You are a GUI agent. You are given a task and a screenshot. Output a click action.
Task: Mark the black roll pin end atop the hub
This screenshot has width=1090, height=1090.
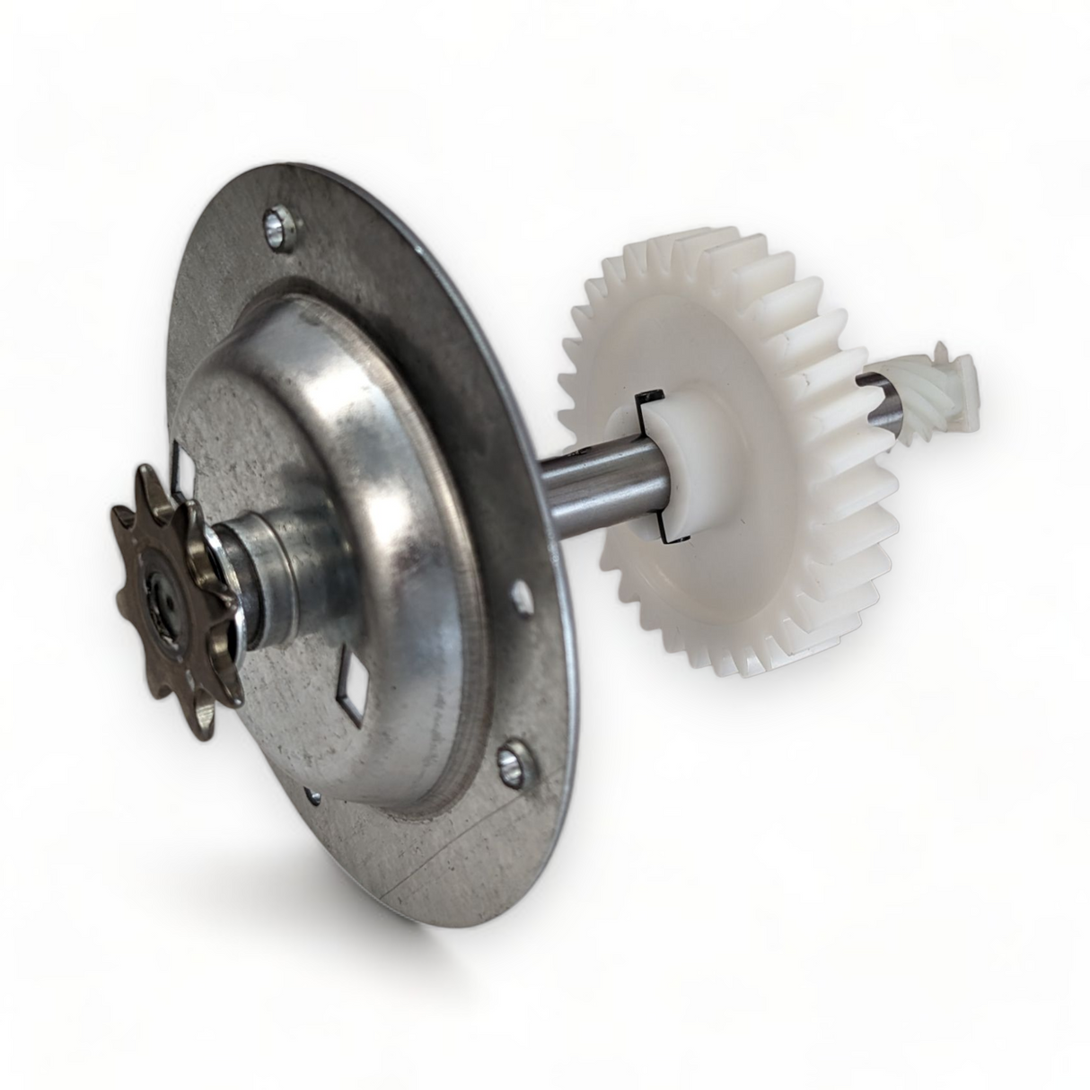(646, 396)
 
